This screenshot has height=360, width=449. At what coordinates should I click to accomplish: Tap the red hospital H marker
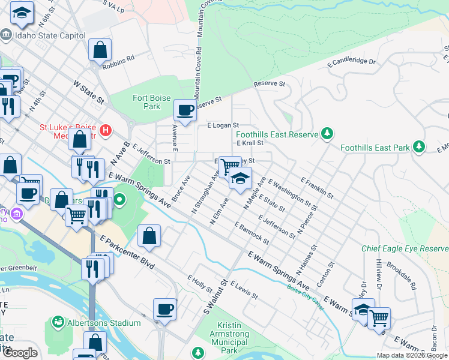tap(106, 130)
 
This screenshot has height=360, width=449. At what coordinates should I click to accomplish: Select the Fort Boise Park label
tap(152, 102)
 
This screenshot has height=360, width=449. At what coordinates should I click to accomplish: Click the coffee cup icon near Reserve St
tap(185, 110)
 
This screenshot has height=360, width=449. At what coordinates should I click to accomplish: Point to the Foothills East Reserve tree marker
tap(327, 133)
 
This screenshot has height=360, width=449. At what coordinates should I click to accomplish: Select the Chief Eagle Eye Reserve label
tap(405, 248)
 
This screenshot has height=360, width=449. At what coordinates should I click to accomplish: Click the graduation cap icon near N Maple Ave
tap(240, 178)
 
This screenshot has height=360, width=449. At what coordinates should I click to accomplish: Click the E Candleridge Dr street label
tap(351, 61)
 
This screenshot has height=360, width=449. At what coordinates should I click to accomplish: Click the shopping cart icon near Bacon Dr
tap(379, 318)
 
